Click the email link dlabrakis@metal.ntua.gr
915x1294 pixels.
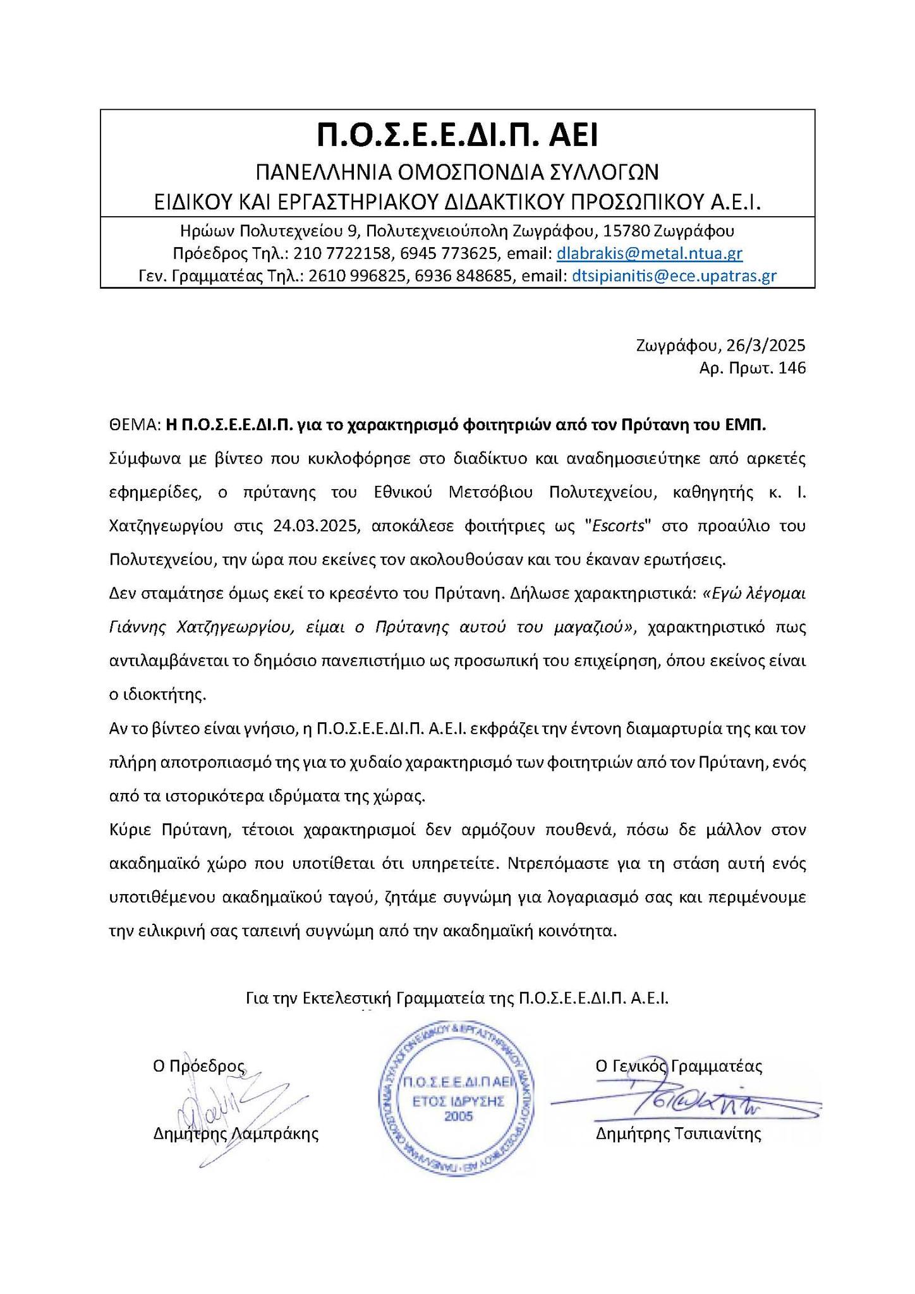pos(649,254)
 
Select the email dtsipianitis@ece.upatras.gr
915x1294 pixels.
pos(674,276)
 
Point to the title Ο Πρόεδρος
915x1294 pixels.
pos(198,1067)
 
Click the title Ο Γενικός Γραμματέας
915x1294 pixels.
pos(679,1067)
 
